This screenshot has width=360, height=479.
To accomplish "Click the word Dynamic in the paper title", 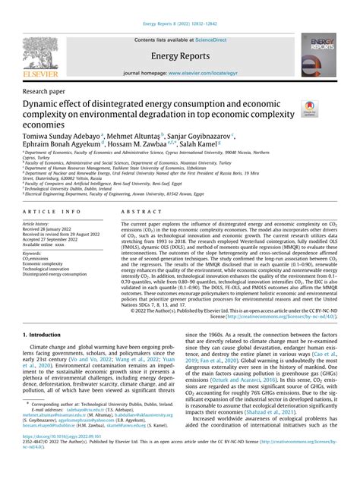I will click(45, 102).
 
